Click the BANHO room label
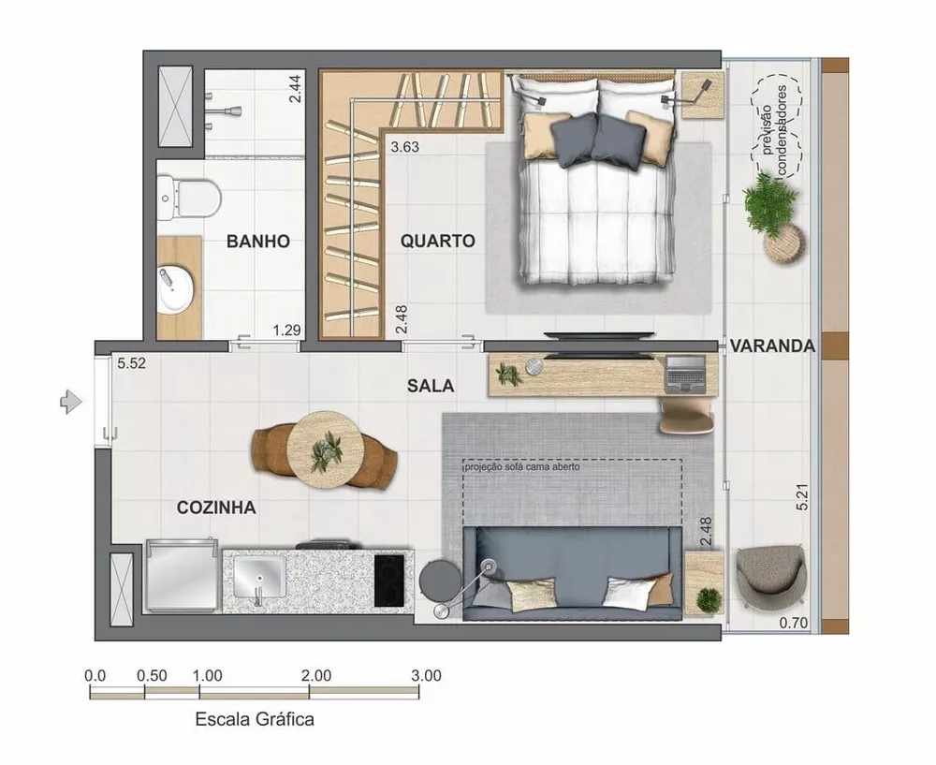pos(257,241)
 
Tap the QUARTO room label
pos(437,241)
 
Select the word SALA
pos(431,385)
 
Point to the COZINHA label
pos(216,508)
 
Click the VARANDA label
pos(772,346)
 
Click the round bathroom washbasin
pos(175,289)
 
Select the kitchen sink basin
pos(259,577)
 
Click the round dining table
pos(325,449)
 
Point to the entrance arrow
pos(71,402)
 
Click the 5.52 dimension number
pos(132,362)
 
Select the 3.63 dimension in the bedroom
pos(406,146)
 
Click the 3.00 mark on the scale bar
pos(425,675)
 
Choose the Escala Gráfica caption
pos(255,720)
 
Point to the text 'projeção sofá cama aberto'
pos(522,466)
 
